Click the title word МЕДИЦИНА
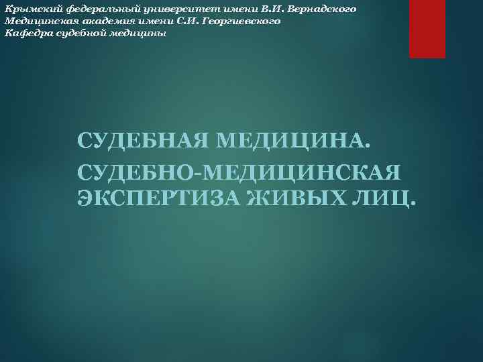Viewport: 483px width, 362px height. [x=290, y=142]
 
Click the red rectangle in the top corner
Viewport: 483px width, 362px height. [x=427, y=29]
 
